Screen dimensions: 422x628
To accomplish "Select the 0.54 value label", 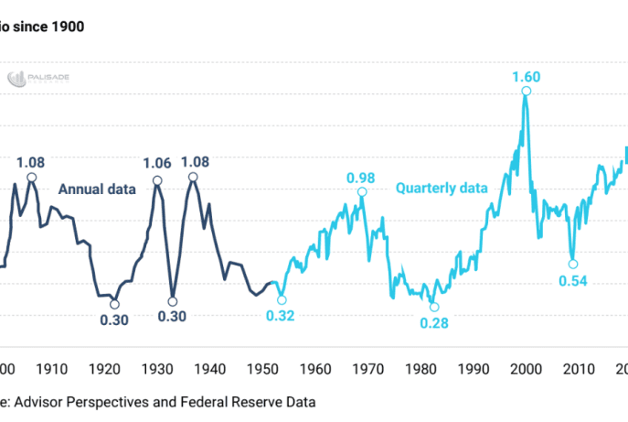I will click(x=572, y=280).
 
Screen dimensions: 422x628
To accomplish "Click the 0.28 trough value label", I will click(x=434, y=322).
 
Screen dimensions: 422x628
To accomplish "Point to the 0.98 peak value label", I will click(x=361, y=177).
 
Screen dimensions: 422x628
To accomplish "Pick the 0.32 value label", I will click(x=281, y=315).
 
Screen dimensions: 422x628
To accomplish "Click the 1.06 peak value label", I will click(x=157, y=163).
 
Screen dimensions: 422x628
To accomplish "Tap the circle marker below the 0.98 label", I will click(x=362, y=192).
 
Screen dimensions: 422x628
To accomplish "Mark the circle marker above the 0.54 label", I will click(x=573, y=264).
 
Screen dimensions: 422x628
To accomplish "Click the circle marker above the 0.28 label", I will click(x=434, y=307).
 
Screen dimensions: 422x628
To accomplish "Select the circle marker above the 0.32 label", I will click(x=282, y=299).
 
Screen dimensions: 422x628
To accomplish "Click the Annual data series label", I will click(x=97, y=189).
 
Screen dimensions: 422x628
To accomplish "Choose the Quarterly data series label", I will click(x=442, y=189).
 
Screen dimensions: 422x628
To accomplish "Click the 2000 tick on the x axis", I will click(x=525, y=369).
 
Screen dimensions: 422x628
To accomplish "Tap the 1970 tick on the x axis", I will click(x=367, y=369).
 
